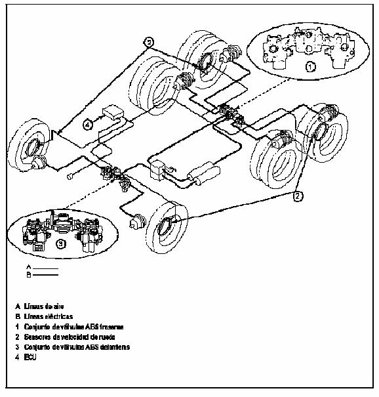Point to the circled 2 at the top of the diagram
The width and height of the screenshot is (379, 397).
click(x=149, y=41)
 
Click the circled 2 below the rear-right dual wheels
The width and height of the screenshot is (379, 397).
click(x=298, y=196)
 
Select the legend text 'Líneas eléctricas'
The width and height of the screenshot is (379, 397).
click(x=53, y=316)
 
